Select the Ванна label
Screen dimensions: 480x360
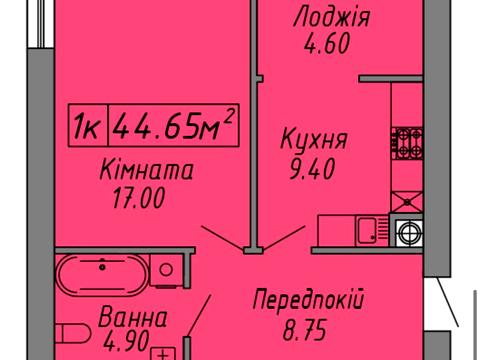pos(133,319)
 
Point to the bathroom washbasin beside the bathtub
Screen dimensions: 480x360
pos(163,269)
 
